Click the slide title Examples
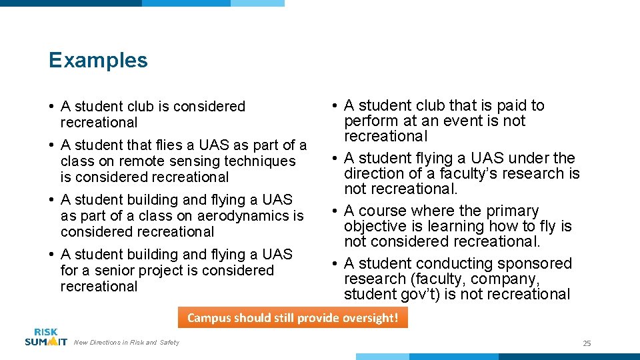[98, 60]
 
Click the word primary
[508, 211]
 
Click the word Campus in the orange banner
[208, 318]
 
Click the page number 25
[587, 343]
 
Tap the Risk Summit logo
[45, 337]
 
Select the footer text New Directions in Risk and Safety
[127, 343]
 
